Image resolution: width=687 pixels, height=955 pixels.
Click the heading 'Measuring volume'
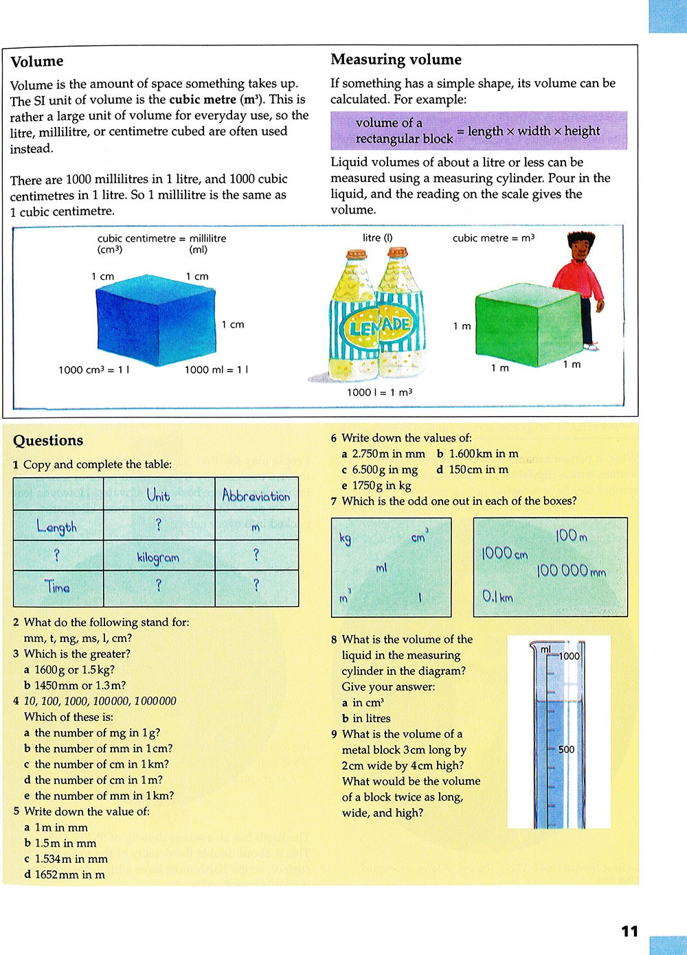tap(396, 60)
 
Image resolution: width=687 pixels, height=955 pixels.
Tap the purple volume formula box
tap(478, 130)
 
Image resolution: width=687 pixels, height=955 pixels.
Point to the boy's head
tap(580, 247)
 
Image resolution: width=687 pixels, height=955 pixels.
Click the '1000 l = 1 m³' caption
tap(379, 393)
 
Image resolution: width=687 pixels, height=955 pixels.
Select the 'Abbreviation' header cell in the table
tap(256, 495)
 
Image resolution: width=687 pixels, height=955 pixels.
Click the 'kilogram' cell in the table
tap(158, 557)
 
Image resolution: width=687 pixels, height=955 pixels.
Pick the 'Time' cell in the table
tap(58, 588)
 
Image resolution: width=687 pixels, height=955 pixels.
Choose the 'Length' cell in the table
tap(57, 527)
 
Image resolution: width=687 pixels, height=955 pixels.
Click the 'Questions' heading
tap(48, 441)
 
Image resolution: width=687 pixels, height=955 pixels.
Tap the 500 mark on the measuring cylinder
tap(566, 750)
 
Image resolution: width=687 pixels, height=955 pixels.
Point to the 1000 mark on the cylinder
tap(569, 656)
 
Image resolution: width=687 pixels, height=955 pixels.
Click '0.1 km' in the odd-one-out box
tap(497, 597)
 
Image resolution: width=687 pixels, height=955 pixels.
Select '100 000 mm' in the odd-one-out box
tap(571, 571)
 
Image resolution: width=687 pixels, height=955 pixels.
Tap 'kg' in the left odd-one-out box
tap(346, 538)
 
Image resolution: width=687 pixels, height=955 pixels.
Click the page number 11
tap(629, 932)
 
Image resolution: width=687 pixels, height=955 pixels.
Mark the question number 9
tap(335, 734)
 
